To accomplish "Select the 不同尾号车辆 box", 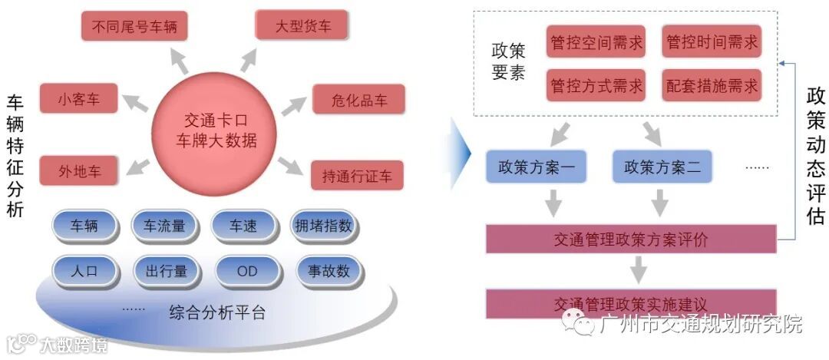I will click(134, 27).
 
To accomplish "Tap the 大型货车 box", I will click(303, 27).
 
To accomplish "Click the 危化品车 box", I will click(358, 100).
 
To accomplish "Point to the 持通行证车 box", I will click(357, 176).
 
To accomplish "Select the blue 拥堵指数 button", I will click(322, 226).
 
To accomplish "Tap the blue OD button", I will click(246, 270).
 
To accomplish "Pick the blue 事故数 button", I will click(329, 270).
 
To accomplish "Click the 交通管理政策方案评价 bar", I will click(632, 239).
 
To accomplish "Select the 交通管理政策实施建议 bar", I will click(632, 303).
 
